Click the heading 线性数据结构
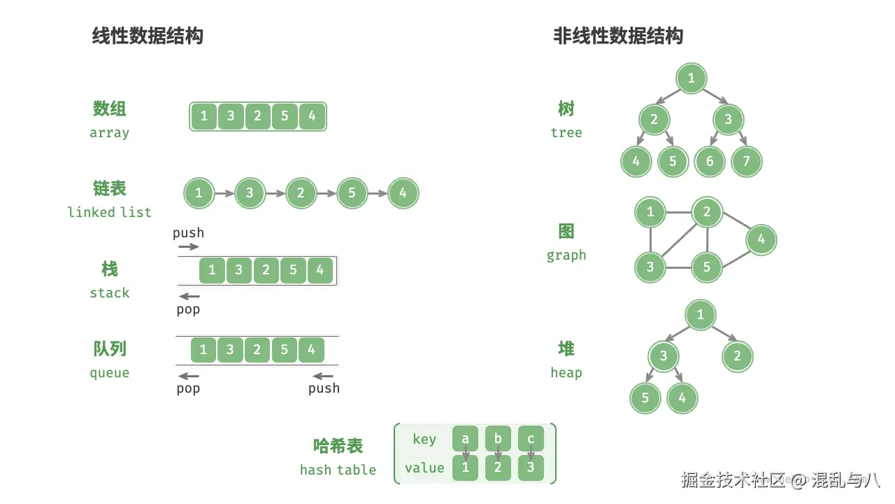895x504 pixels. point(148,36)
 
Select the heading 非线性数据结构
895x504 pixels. point(618,36)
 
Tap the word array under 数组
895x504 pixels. point(109,133)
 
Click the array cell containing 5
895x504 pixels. point(285,116)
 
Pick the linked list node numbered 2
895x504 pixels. point(301,193)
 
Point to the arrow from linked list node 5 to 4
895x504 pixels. point(378,193)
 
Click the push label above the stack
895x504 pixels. point(189,233)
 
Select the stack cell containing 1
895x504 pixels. point(212,270)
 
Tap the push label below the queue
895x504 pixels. point(324,388)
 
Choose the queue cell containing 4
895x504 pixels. point(311,350)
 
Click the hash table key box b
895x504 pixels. point(498,439)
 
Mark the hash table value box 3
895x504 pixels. point(531,468)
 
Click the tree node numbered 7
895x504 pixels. point(746,162)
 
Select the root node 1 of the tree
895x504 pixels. point(692,78)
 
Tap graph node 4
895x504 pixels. point(761,239)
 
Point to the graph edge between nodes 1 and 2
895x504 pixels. point(678,211)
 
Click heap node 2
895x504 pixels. point(737,356)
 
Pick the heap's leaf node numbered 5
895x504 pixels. point(645,398)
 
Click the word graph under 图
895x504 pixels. point(566,255)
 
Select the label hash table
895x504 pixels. point(338,470)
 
